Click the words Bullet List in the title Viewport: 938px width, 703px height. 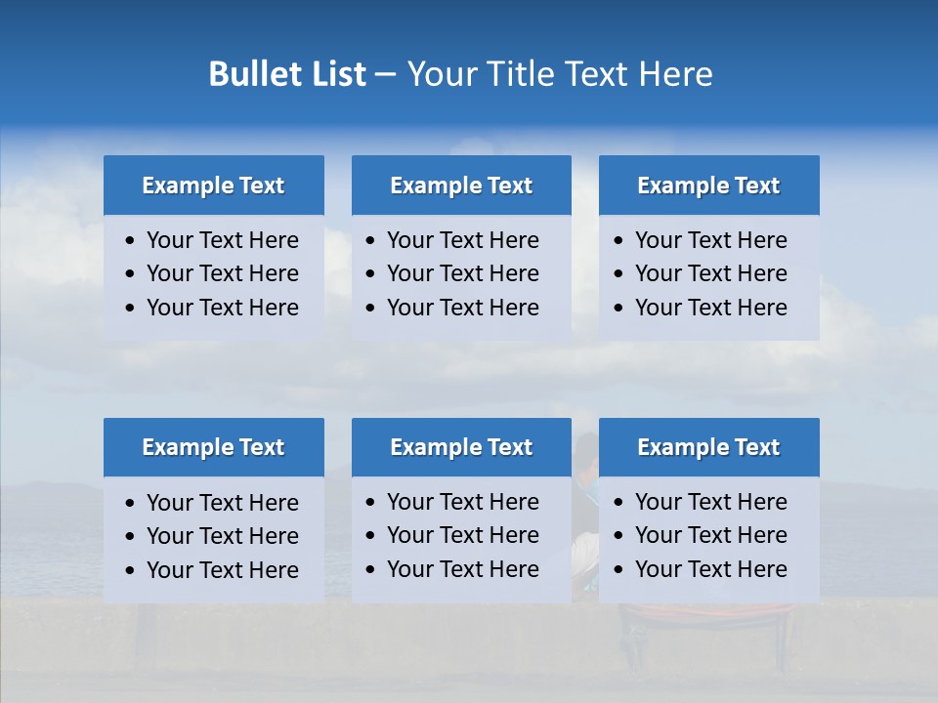tap(287, 74)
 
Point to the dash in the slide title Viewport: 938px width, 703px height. tap(385, 74)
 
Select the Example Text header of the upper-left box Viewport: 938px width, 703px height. tap(213, 186)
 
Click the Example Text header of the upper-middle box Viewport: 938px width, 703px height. tap(461, 186)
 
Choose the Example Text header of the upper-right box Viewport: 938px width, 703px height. tap(708, 186)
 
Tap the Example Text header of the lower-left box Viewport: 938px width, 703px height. tap(213, 447)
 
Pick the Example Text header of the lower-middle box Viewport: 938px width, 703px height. tap(461, 447)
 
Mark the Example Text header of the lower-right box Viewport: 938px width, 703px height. tap(708, 447)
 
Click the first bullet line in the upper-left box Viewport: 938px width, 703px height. tap(222, 240)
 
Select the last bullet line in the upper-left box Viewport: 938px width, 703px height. tap(222, 308)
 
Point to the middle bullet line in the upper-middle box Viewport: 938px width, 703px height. tap(462, 273)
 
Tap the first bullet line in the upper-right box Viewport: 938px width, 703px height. tap(710, 240)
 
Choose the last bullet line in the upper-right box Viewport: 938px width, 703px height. tap(710, 308)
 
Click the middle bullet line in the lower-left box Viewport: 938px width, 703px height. tap(222, 536)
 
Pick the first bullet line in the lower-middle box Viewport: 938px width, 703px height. tap(462, 502)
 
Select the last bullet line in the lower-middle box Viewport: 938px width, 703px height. tap(462, 569)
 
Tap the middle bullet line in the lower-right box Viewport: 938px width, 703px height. tap(710, 535)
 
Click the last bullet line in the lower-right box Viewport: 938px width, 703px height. tap(710, 569)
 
